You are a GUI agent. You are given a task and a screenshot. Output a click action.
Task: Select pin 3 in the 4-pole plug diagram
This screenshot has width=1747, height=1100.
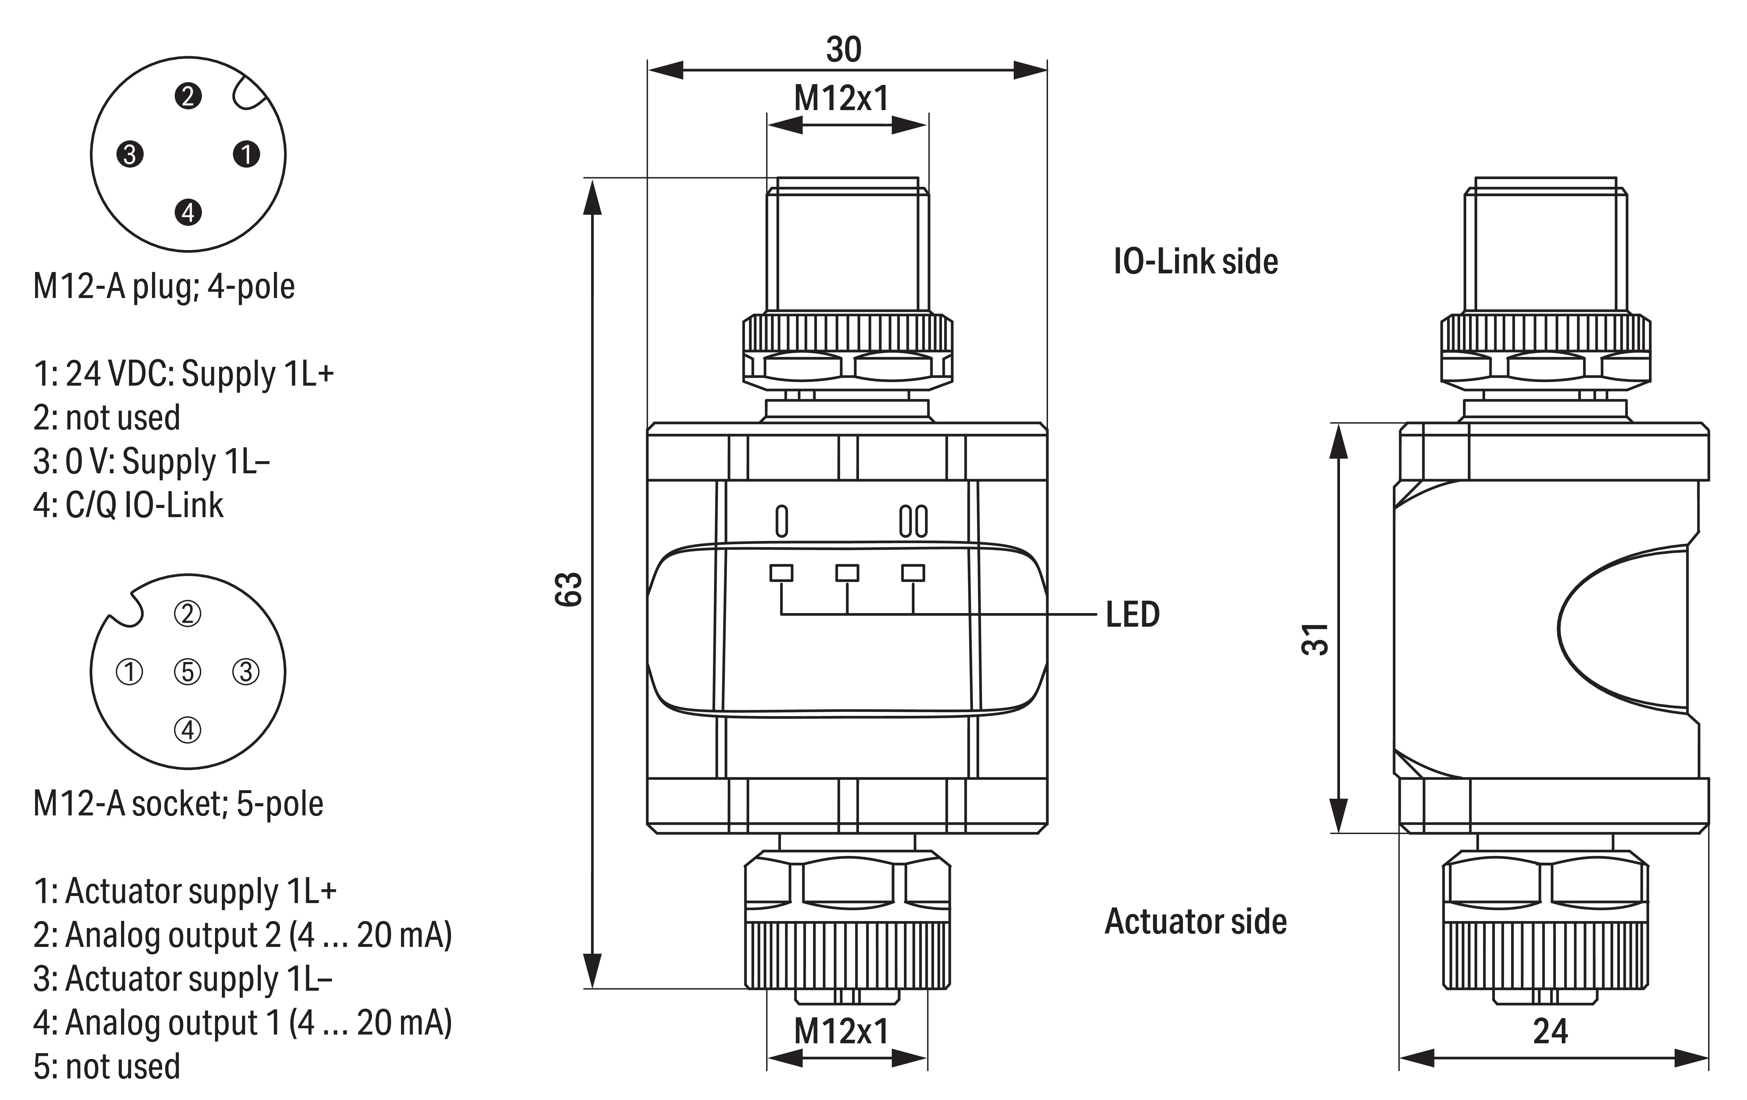point(130,154)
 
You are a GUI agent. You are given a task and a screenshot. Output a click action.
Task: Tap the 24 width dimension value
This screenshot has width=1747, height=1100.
point(1550,1031)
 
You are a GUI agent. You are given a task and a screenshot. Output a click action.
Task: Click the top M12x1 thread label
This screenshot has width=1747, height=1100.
point(841,99)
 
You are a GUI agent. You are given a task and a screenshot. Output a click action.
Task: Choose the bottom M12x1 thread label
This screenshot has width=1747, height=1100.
point(841,1031)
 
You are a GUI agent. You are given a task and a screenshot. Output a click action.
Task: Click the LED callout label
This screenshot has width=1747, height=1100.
point(1133,615)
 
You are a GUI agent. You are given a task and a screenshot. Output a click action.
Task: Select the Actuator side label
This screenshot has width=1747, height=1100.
point(1196,921)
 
